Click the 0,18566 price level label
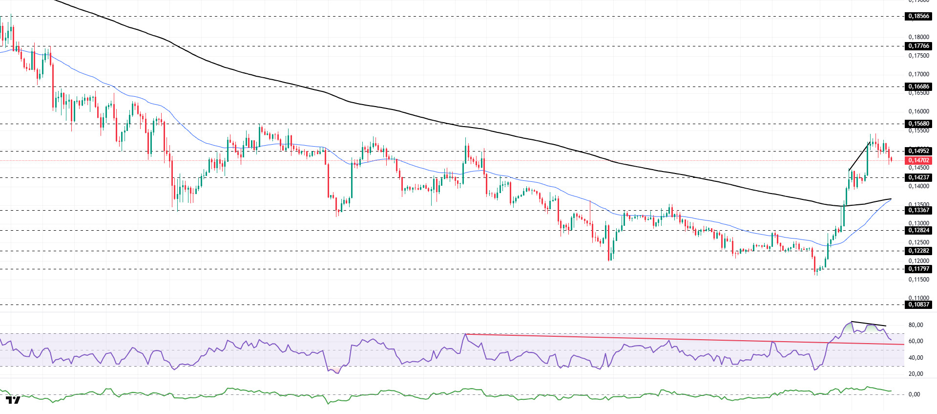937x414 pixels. (x=918, y=16)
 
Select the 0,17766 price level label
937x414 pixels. (x=918, y=46)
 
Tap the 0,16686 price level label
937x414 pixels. (x=918, y=87)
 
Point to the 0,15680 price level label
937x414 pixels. (x=918, y=124)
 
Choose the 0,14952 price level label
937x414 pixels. (x=918, y=151)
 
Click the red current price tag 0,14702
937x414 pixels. (x=918, y=160)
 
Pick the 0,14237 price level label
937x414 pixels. (x=918, y=177)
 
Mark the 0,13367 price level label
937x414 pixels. (x=918, y=210)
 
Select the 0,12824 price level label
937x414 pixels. (x=918, y=230)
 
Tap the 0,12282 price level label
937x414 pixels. (x=918, y=251)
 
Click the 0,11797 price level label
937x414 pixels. (x=918, y=269)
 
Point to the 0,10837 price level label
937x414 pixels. (x=918, y=305)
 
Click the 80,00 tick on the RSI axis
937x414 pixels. (x=916, y=325)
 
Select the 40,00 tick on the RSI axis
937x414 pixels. (x=916, y=358)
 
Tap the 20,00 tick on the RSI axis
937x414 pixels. (x=916, y=374)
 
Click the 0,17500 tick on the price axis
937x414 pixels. (x=918, y=56)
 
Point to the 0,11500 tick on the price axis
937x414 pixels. (x=918, y=280)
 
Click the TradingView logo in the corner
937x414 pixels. (x=13, y=400)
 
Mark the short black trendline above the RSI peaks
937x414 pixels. (x=869, y=324)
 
